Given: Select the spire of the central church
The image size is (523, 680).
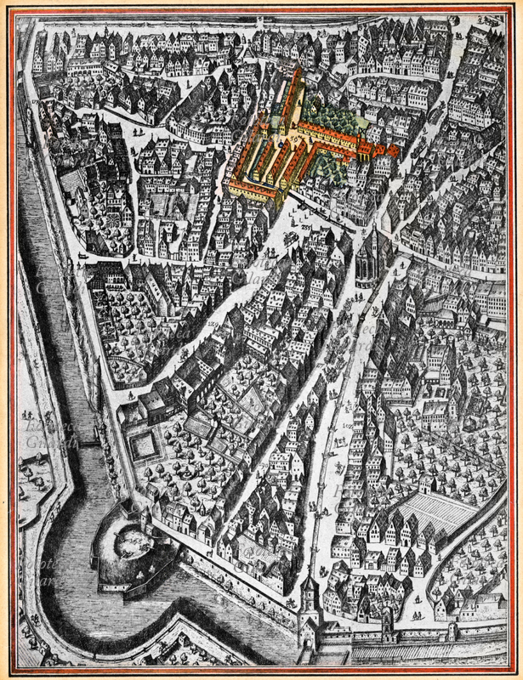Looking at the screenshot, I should point(372,235).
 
